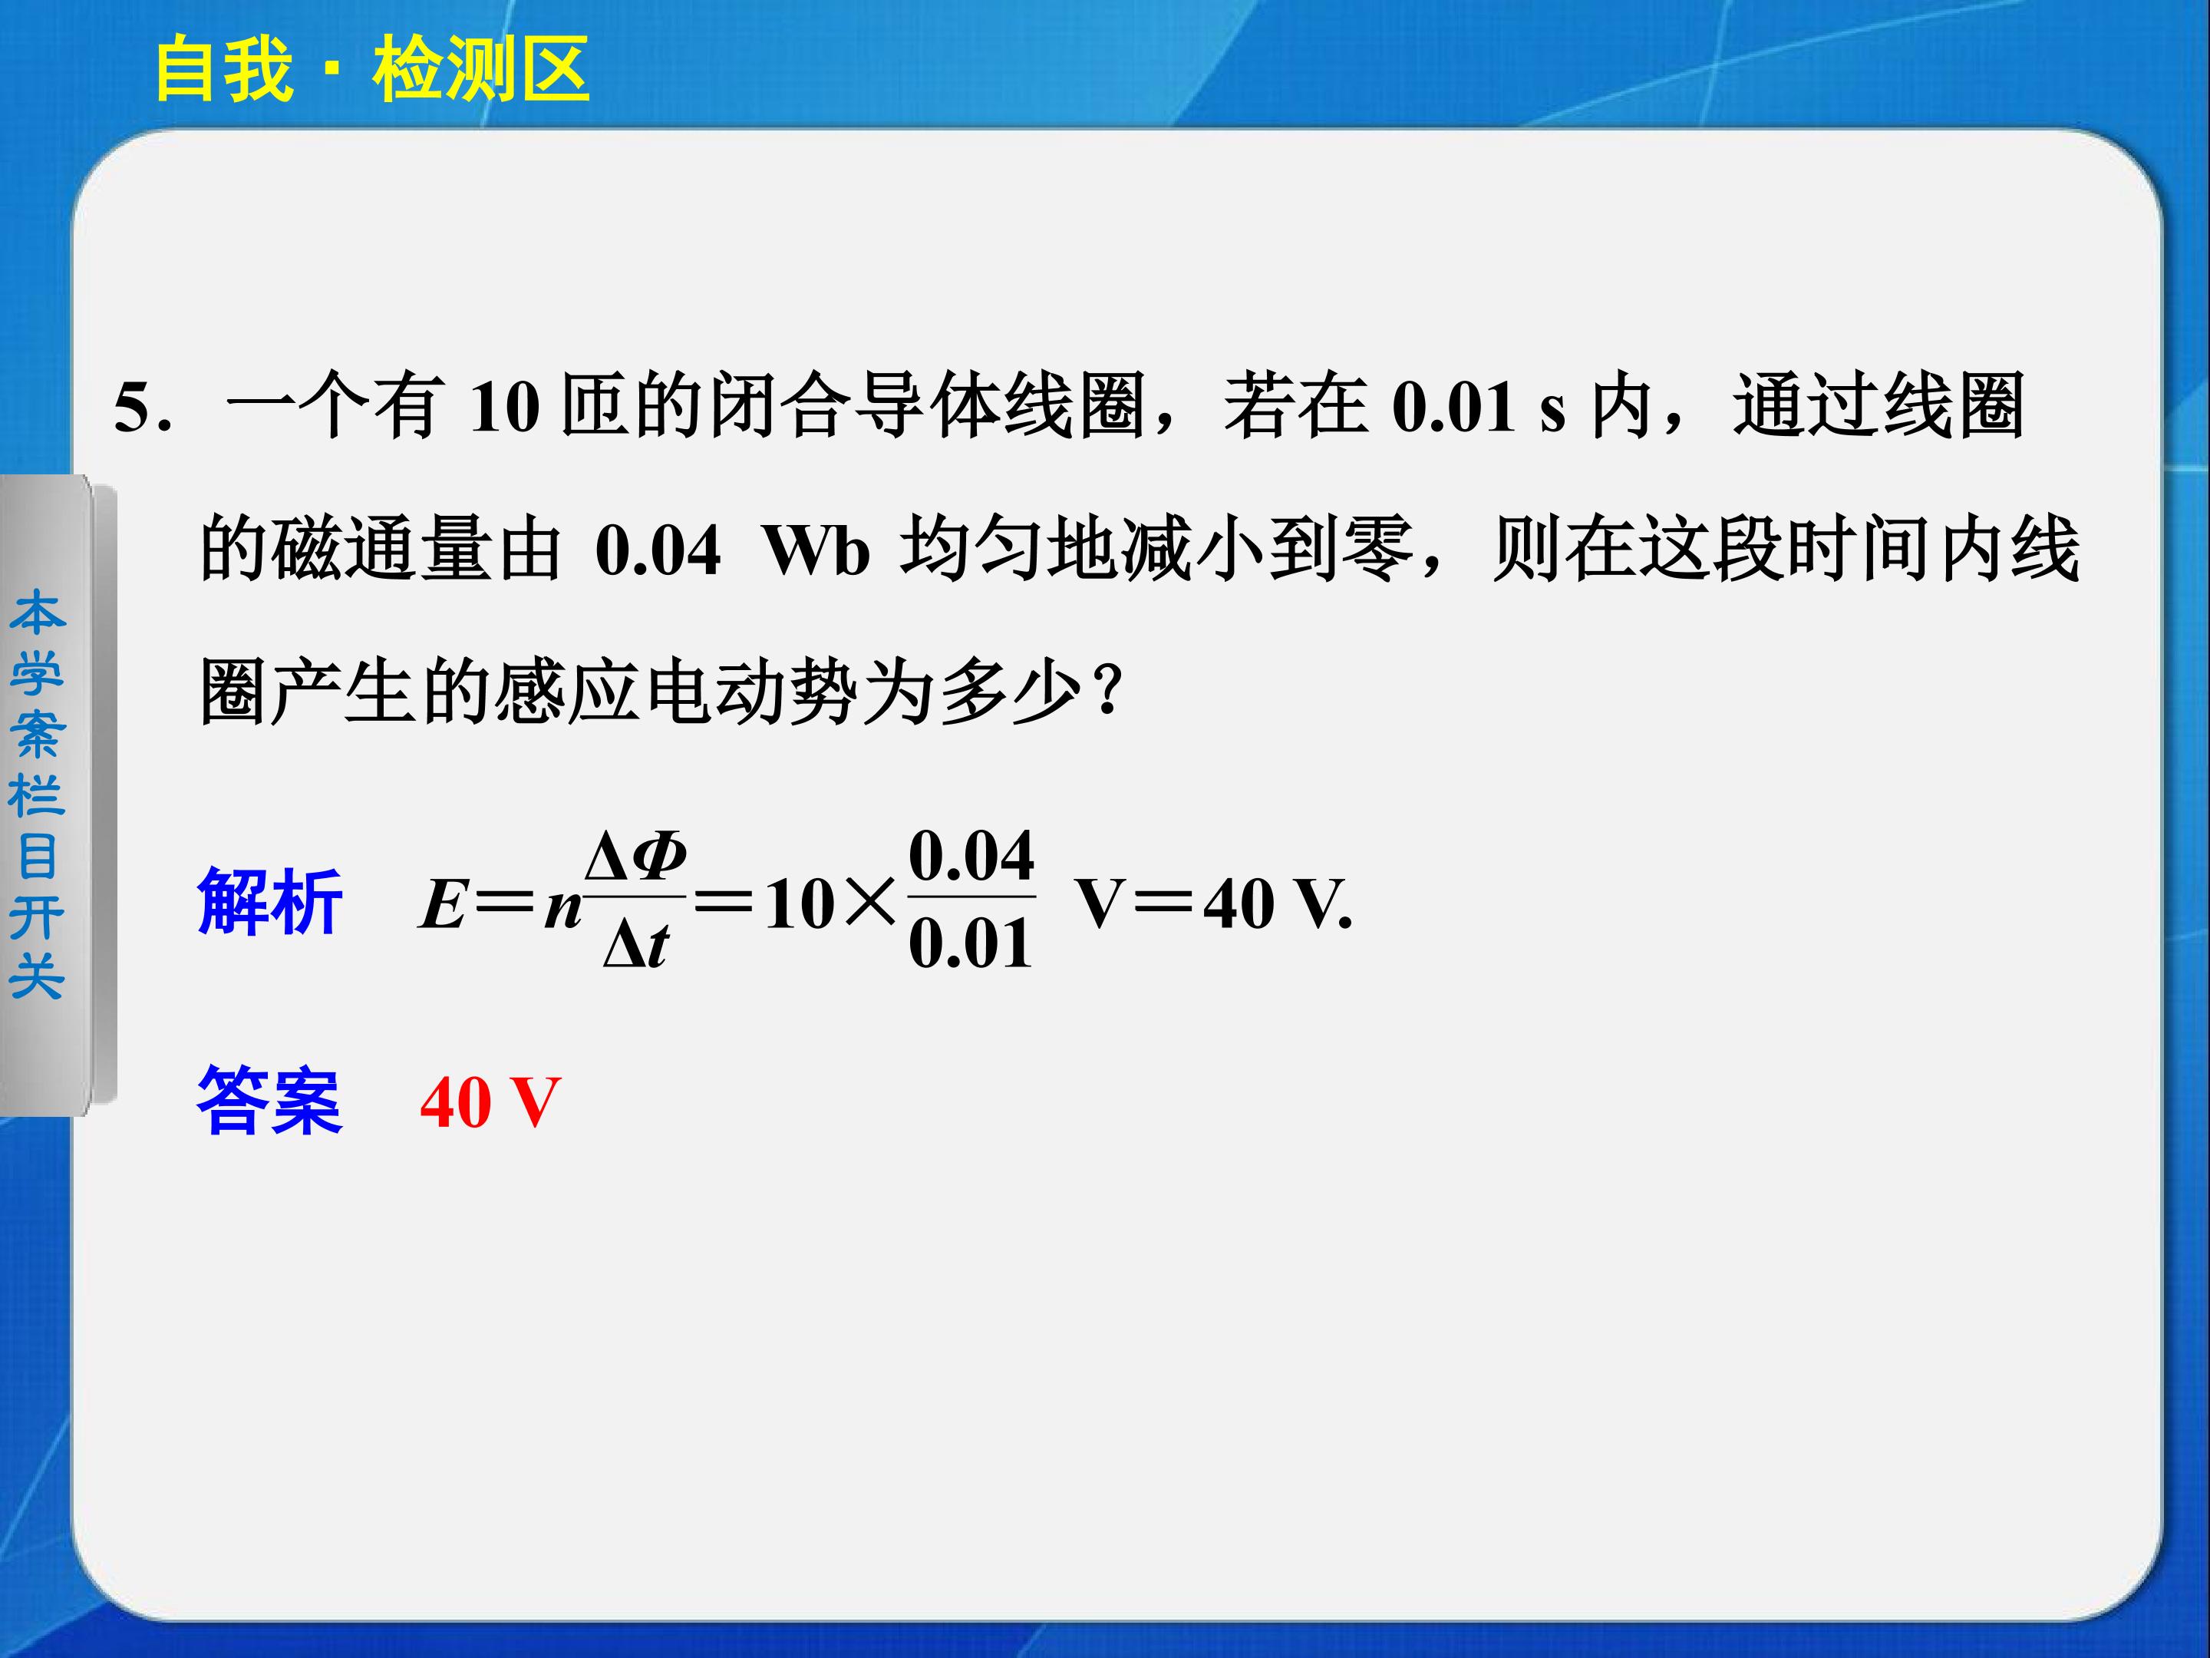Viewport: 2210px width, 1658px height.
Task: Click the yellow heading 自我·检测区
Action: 371,70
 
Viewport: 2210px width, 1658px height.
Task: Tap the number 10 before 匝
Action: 506,407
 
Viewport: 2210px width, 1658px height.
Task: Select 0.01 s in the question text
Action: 1479,407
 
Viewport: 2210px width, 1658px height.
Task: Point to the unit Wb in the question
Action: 817,550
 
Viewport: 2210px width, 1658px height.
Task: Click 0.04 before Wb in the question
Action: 658,550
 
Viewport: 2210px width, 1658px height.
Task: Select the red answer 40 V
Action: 490,1102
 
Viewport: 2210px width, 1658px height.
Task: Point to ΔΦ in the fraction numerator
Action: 635,858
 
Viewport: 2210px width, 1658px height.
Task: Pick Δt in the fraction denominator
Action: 635,944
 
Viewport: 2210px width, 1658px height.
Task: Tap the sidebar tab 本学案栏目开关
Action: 37,794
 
